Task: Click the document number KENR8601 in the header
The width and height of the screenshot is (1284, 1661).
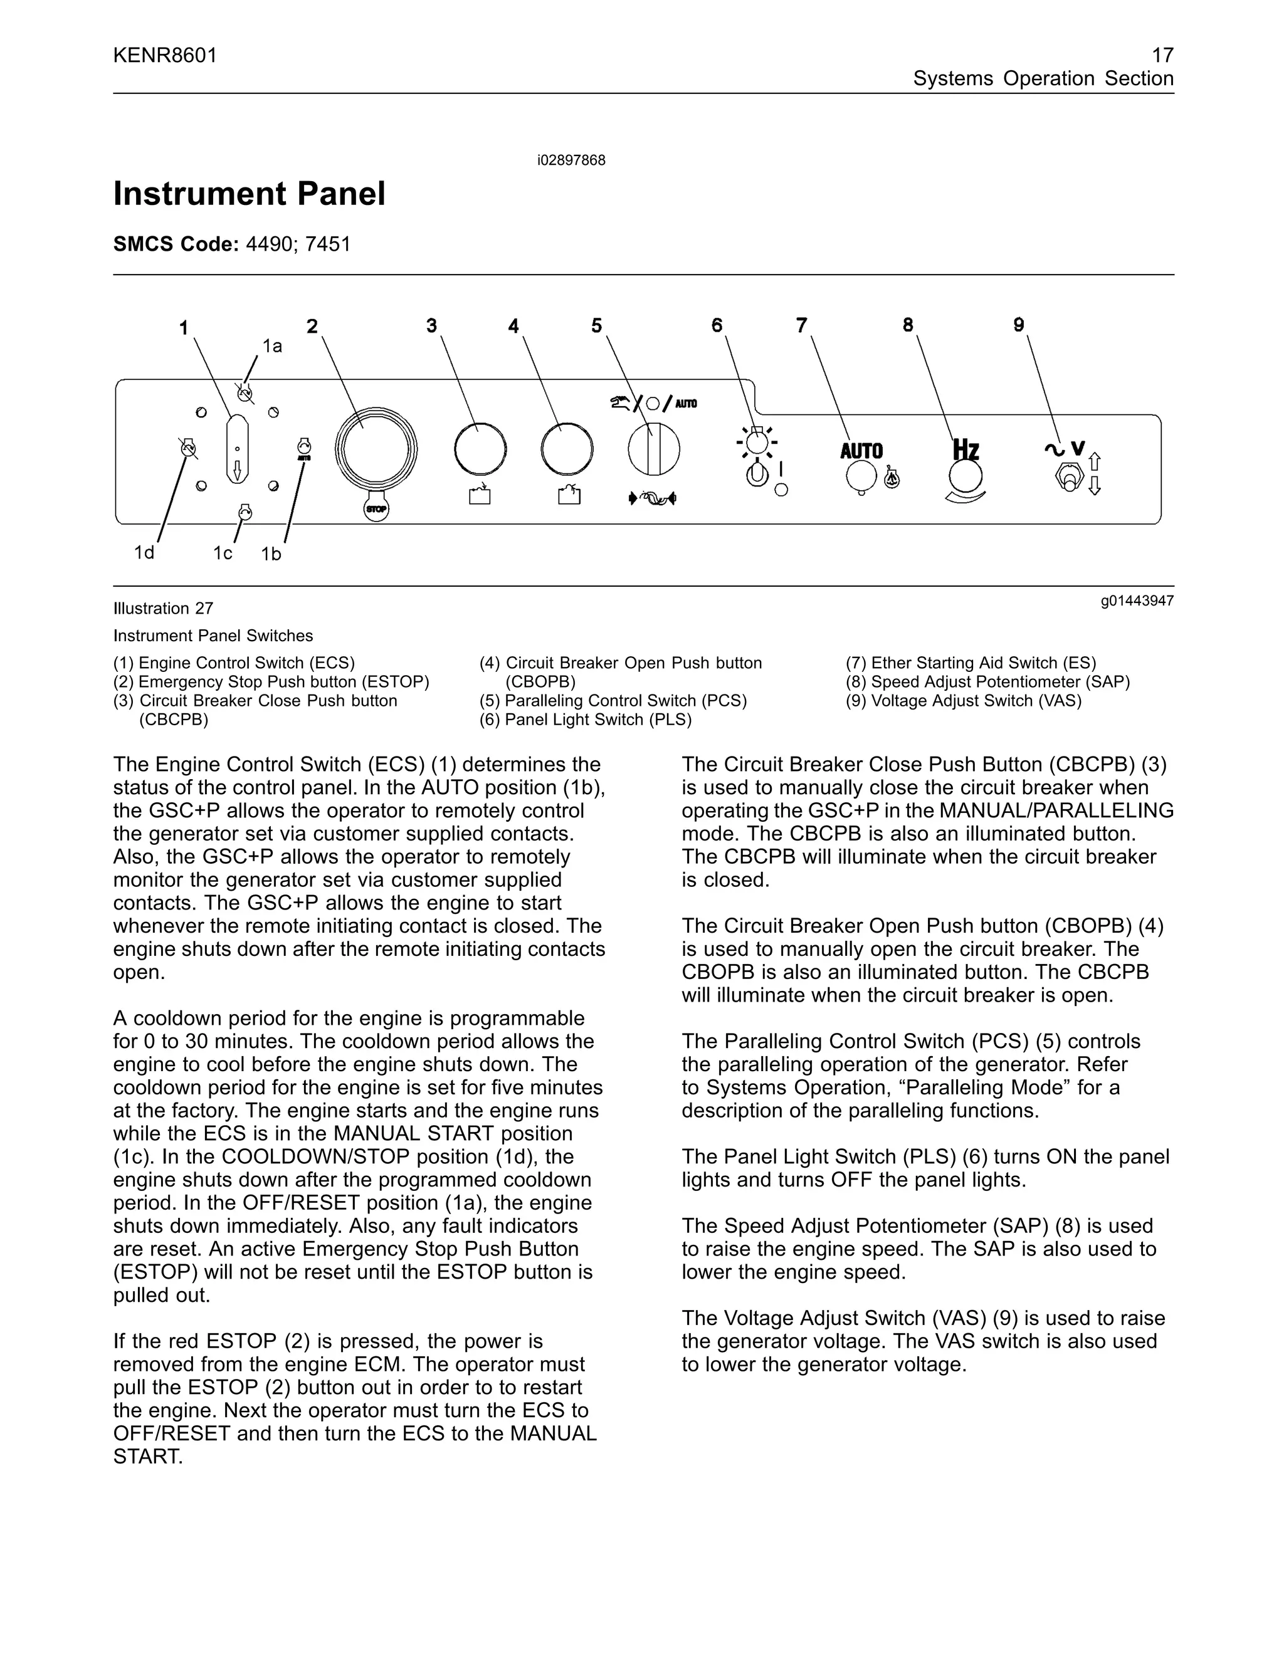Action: click(165, 56)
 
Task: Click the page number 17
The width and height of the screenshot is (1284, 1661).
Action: click(1162, 56)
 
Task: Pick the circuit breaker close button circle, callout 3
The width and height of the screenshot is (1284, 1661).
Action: click(480, 449)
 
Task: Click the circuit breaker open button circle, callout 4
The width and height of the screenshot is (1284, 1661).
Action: click(567, 449)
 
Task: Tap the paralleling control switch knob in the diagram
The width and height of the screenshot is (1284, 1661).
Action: click(653, 449)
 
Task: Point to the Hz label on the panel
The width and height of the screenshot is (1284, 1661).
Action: click(966, 449)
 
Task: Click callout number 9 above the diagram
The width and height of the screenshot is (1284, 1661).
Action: click(1019, 325)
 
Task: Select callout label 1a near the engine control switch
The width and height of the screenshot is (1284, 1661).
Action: click(272, 347)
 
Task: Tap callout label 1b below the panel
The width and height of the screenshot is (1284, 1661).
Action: click(271, 555)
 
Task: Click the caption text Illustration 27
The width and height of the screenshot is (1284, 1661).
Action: click(164, 609)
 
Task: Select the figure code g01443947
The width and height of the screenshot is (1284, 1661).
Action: click(1137, 601)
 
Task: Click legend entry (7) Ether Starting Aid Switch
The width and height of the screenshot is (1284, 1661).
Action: click(971, 663)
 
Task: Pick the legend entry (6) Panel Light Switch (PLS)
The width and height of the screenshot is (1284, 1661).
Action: click(585, 720)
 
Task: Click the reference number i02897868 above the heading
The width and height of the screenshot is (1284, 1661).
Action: click(571, 160)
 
